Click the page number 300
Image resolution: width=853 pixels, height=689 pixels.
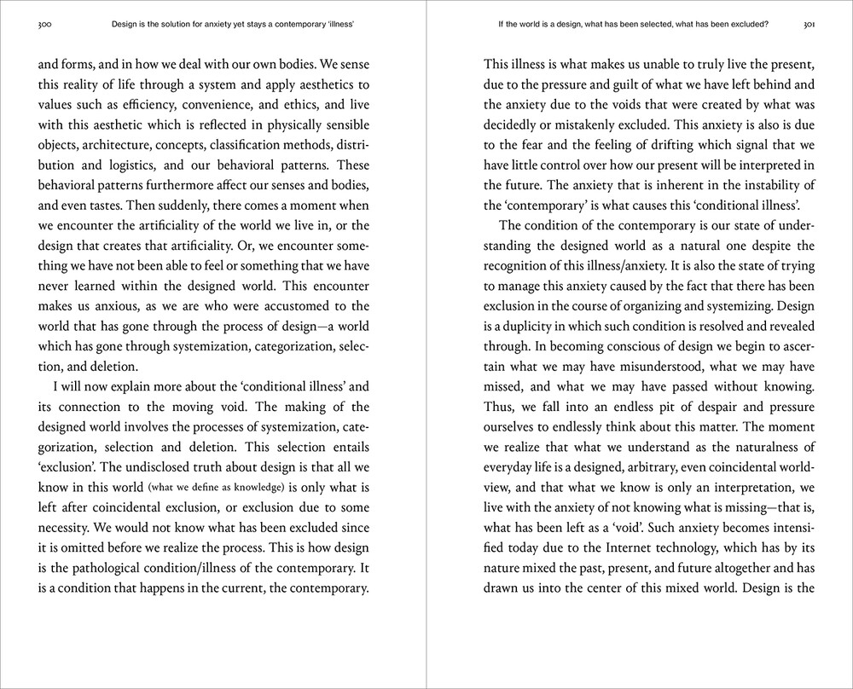[45, 25]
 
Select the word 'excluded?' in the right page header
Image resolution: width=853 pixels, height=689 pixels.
[747, 25]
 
